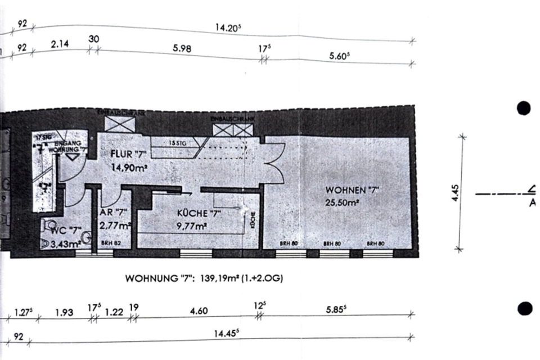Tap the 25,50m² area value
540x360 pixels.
[343, 204]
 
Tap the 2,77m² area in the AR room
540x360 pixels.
[114, 227]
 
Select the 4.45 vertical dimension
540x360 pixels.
[456, 192]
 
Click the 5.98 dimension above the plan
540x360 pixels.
[182, 49]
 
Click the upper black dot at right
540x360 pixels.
[524, 108]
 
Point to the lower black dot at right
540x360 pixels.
[524, 308]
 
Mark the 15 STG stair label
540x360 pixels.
[178, 143]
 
